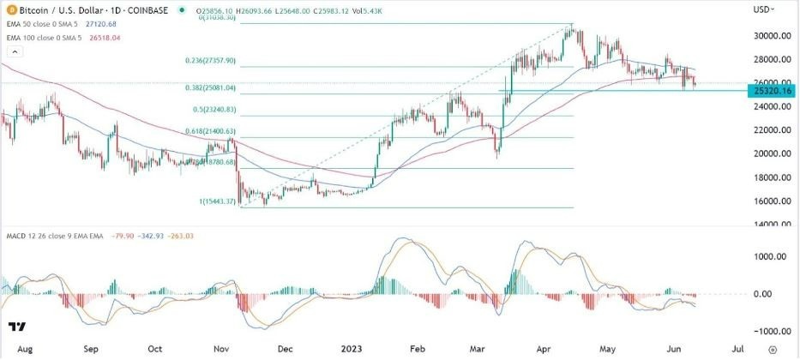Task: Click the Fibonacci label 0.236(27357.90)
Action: click(216, 62)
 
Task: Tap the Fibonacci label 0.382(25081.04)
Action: click(216, 87)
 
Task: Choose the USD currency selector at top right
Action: click(763, 9)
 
